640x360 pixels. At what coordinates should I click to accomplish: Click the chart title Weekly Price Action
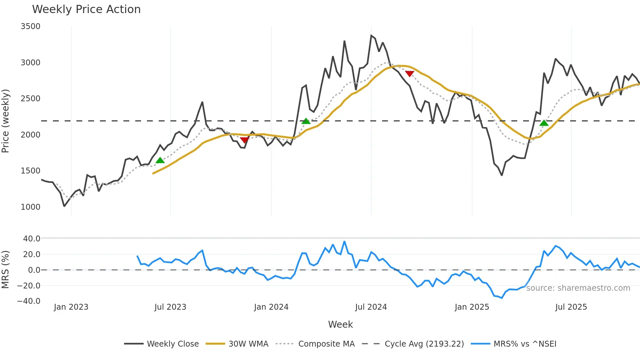coord(86,9)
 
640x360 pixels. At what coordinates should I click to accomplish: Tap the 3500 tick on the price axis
coord(30,26)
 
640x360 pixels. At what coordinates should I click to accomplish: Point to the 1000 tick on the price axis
coord(30,207)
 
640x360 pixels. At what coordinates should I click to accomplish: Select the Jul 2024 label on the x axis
coord(371,307)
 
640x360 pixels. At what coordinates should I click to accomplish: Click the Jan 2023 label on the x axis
coord(71,307)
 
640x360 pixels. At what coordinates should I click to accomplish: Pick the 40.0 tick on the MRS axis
coord(32,238)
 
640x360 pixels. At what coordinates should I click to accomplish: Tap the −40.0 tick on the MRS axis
coord(29,301)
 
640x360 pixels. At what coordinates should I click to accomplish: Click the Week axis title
coord(340,324)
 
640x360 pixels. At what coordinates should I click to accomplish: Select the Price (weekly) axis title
coord(6,121)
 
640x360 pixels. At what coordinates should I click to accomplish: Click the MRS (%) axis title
coord(6,270)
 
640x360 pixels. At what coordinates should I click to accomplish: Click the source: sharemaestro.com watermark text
coord(578,288)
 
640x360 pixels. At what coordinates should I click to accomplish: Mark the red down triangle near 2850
coord(409,74)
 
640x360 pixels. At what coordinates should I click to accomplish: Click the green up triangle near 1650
coord(160,160)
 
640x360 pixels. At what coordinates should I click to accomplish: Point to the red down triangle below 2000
coord(244,140)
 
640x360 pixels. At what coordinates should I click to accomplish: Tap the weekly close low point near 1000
coord(64,206)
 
